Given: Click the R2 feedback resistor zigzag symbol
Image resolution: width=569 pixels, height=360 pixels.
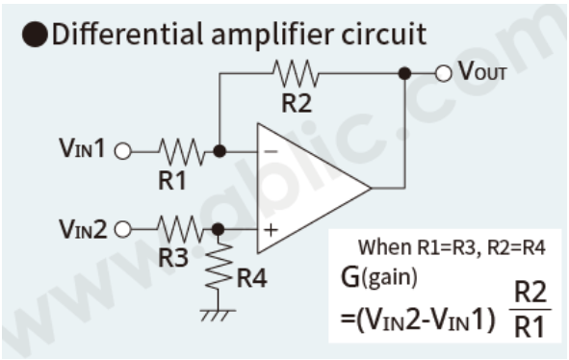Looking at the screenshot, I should coord(296,72).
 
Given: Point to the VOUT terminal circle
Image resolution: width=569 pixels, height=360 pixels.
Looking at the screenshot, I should coord(443,72).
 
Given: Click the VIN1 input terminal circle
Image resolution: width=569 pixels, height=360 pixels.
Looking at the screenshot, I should coord(122,151).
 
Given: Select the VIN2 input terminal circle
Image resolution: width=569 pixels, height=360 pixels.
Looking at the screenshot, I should coord(122,229).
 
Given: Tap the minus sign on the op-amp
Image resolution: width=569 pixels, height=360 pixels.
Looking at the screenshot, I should coord(272,152).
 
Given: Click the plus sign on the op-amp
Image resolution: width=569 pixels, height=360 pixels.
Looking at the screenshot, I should coord(272,229).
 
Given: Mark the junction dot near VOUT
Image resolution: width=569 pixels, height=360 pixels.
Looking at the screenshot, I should coord(405,72).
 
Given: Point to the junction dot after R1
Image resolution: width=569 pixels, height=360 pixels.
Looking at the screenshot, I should coord(220,151).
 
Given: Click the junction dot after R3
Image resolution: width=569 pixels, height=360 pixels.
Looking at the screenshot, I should coord(220,229).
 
